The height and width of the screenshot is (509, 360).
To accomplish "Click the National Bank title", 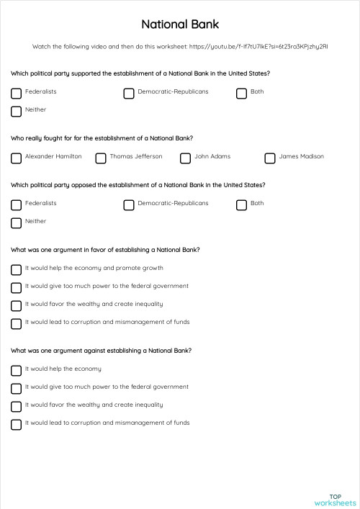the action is click(x=179, y=24).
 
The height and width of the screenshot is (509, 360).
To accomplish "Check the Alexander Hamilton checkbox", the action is click(x=16, y=158).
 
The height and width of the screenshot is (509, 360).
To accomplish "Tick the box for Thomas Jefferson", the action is click(x=101, y=158).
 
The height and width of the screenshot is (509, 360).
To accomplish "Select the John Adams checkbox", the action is click(x=185, y=158).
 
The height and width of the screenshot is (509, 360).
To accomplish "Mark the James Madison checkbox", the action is click(x=270, y=158).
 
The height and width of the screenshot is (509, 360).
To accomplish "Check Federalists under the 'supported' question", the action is click(x=16, y=93).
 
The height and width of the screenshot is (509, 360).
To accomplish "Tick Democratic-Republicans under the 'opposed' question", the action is click(x=129, y=204).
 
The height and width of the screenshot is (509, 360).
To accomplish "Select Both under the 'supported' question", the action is click(x=242, y=93).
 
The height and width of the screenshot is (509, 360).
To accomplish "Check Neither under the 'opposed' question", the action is click(x=16, y=222).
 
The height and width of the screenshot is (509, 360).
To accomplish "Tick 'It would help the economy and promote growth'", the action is click(x=16, y=269).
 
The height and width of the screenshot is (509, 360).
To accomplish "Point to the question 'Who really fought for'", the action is click(x=102, y=138).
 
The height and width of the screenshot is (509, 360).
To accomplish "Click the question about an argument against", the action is click(x=101, y=351).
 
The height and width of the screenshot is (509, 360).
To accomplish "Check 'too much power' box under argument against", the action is click(x=16, y=388).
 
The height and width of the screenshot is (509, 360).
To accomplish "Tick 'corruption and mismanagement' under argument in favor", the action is click(x=16, y=323).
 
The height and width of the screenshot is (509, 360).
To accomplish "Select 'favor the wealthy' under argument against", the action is click(x=16, y=406).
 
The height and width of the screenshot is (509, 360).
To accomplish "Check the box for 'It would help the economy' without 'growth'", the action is click(x=16, y=370).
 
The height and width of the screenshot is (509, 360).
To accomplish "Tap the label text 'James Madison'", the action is click(x=301, y=156).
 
